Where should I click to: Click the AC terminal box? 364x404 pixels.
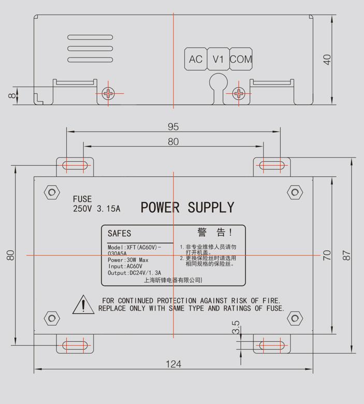click(196, 59)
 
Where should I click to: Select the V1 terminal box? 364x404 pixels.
click(218, 59)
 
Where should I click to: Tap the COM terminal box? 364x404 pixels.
click(241, 59)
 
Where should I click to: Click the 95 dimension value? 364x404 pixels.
click(173, 126)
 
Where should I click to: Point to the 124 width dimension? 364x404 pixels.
click(173, 364)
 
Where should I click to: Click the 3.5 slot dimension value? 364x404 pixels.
click(236, 328)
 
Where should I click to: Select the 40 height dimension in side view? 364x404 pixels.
click(327, 60)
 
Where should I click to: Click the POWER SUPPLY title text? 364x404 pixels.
click(187, 208)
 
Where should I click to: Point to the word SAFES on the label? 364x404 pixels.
click(119, 234)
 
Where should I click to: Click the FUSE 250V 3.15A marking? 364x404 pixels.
click(96, 204)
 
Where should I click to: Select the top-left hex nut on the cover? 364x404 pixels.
click(51, 193)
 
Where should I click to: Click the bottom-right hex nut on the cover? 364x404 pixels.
click(295, 318)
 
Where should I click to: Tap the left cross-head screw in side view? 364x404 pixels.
click(109, 94)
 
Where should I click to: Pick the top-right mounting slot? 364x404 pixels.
click(271, 166)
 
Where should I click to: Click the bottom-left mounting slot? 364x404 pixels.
click(75, 344)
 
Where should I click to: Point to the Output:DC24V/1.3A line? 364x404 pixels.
click(134, 272)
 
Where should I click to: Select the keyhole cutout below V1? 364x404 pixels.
click(218, 83)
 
